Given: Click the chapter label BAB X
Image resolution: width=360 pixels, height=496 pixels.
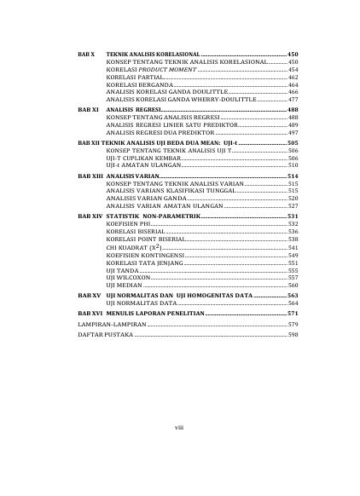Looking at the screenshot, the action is click(x=84, y=54).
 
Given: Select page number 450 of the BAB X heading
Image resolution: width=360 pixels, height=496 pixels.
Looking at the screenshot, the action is click(x=293, y=54).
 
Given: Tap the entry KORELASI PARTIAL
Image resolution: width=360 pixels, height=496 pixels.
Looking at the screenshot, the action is click(x=130, y=77).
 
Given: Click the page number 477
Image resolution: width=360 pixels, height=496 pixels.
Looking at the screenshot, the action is click(x=293, y=100).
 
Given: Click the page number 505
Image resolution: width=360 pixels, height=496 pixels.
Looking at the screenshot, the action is click(x=293, y=143).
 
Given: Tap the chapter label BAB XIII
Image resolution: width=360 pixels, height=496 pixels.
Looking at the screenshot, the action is click(x=88, y=174).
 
